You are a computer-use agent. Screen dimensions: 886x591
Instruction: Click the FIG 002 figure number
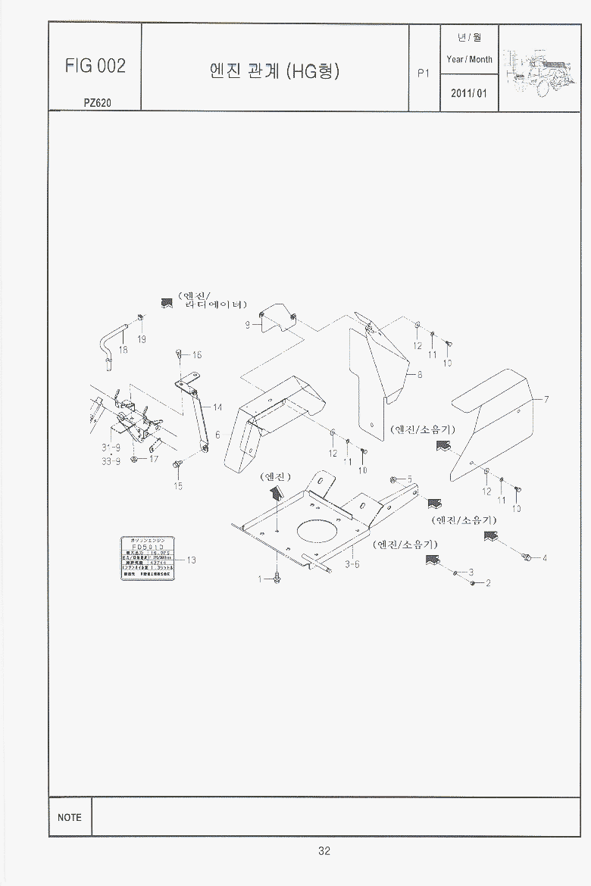(x=95, y=66)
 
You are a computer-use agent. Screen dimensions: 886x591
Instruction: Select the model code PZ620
(x=98, y=103)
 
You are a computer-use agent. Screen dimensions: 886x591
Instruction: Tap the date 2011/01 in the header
(x=470, y=94)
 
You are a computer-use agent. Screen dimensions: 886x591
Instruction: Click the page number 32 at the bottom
(x=324, y=851)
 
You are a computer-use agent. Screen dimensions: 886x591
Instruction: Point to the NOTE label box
(x=70, y=817)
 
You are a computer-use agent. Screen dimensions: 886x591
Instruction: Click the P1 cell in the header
(x=424, y=73)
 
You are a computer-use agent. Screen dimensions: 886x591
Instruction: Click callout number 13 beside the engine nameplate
(x=191, y=560)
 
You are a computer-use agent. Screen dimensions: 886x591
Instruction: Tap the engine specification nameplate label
(x=149, y=559)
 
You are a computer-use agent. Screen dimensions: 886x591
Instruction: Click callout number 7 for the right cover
(x=546, y=399)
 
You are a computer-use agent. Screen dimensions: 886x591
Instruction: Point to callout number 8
(x=420, y=374)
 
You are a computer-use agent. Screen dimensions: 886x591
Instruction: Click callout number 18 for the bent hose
(x=123, y=350)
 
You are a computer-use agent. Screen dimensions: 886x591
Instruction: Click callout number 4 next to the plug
(x=544, y=559)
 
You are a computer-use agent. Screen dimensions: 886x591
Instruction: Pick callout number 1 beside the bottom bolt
(x=260, y=579)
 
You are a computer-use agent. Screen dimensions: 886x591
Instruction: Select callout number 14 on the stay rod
(x=217, y=407)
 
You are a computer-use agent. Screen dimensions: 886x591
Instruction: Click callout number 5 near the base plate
(x=409, y=479)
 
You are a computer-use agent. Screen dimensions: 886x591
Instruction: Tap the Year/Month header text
(x=469, y=59)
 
